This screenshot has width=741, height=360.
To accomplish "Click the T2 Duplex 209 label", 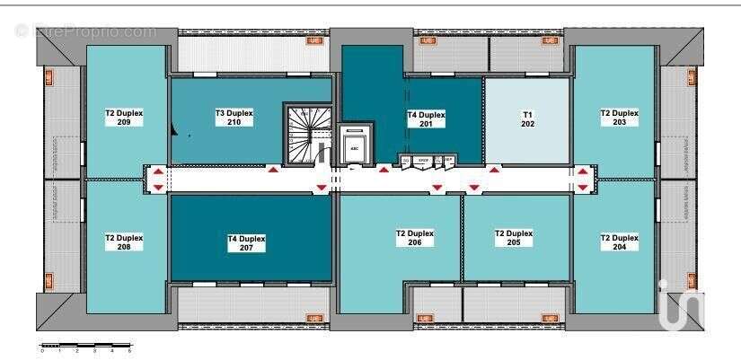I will click(x=124, y=118).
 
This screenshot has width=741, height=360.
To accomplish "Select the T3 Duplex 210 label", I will click(x=234, y=118).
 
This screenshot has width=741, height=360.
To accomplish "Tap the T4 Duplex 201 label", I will click(x=426, y=119).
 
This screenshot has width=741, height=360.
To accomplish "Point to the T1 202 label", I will click(x=527, y=119).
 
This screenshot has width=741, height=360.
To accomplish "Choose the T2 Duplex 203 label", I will click(x=619, y=118).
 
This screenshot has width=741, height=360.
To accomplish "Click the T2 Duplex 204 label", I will click(x=619, y=242).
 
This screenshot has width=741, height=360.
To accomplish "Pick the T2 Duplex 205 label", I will click(x=514, y=238).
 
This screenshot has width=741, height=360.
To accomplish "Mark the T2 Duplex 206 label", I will click(x=414, y=238).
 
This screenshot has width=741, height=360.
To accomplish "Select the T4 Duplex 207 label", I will click(x=246, y=243).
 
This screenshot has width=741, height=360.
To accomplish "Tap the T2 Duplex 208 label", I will click(x=124, y=242).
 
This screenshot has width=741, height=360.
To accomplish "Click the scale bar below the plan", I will click(x=86, y=346).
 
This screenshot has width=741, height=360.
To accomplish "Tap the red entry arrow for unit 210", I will click(x=272, y=169).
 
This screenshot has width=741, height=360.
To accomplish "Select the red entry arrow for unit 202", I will click(x=493, y=169).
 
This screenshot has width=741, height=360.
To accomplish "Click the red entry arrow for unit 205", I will click(x=473, y=188).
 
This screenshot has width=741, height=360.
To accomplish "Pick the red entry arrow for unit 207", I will click(x=321, y=188).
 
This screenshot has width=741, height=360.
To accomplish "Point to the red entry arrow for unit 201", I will click(x=384, y=169).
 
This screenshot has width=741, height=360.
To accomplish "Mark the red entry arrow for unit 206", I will click(x=437, y=188).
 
